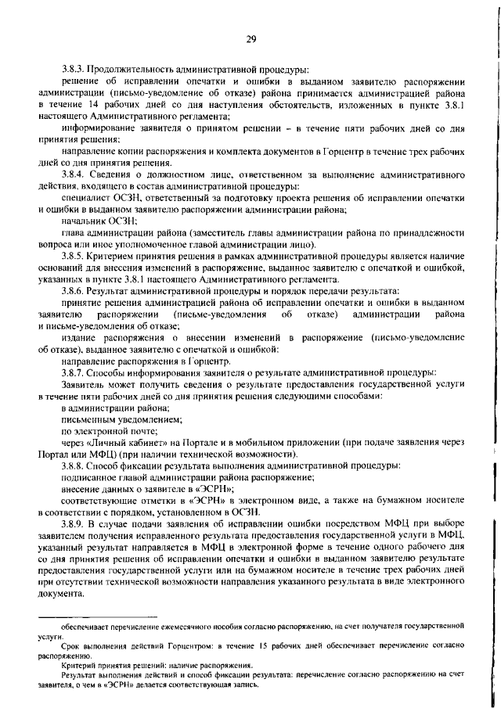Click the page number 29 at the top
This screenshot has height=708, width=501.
coord(251,39)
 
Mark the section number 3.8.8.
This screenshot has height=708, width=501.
coord(74,465)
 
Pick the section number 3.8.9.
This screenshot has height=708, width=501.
coord(74,520)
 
